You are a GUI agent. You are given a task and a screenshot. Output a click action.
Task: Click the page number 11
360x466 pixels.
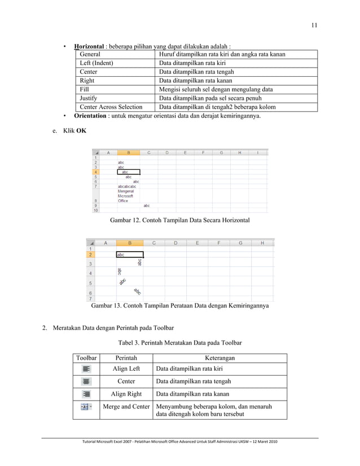point(314,24)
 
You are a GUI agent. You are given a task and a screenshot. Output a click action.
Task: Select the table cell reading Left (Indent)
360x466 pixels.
point(96,63)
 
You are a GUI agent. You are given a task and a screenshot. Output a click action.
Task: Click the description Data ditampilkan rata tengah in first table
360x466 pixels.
point(196,72)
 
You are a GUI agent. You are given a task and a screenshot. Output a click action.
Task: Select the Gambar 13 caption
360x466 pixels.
point(179,307)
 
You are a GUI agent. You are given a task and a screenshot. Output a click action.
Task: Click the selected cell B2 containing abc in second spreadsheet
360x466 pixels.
point(129,254)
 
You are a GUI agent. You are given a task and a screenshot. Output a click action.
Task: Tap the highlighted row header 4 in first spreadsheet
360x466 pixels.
point(96,172)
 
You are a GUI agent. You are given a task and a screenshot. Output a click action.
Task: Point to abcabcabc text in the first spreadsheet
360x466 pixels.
point(126,186)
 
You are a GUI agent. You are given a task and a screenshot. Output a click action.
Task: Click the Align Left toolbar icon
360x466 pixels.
point(86,368)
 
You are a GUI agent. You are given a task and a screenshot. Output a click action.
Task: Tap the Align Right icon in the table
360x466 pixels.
point(86,394)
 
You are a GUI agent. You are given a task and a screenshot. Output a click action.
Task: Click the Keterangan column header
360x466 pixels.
point(220,358)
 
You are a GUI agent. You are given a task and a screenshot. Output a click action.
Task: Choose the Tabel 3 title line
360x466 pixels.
point(179,342)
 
